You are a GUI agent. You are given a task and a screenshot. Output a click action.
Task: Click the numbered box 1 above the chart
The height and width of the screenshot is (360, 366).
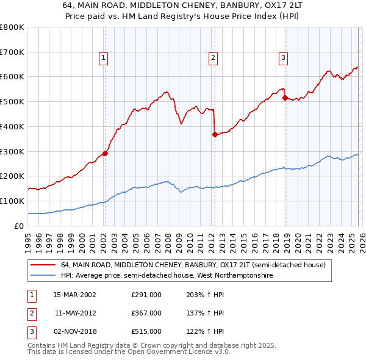[x=104, y=58]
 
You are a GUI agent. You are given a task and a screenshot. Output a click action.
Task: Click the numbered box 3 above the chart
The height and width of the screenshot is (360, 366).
[x=284, y=58]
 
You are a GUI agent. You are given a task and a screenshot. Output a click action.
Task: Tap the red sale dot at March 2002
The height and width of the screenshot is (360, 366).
[x=105, y=153]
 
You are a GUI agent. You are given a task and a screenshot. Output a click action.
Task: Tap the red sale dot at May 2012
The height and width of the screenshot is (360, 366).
[x=215, y=134]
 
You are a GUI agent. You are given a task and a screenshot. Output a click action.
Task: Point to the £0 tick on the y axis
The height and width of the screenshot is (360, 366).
[x=20, y=226]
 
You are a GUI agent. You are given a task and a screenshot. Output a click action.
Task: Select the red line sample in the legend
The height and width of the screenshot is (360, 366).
[x=44, y=265]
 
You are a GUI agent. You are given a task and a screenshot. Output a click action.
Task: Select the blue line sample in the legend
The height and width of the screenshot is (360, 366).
[x=44, y=276]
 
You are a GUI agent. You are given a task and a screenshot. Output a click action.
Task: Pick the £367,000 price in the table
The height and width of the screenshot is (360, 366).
[x=146, y=313]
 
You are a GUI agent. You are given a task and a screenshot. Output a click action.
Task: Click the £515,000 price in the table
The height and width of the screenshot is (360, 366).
[x=146, y=332]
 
